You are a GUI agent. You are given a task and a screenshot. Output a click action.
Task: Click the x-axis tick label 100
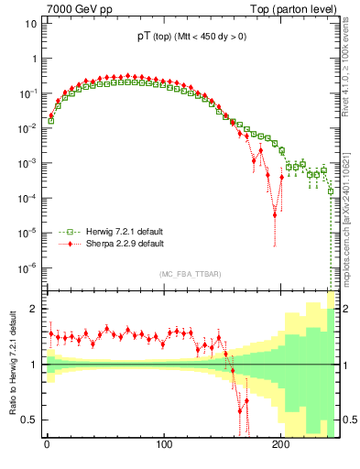point(164,446)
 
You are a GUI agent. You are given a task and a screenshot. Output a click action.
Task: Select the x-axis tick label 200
point(281,446)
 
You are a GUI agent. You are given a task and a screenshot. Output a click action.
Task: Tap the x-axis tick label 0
point(47,446)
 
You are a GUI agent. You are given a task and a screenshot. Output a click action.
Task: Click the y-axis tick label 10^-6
point(26,267)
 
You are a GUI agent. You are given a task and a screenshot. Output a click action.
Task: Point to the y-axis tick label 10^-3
point(26,163)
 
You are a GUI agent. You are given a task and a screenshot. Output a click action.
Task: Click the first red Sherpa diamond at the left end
point(51,115)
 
